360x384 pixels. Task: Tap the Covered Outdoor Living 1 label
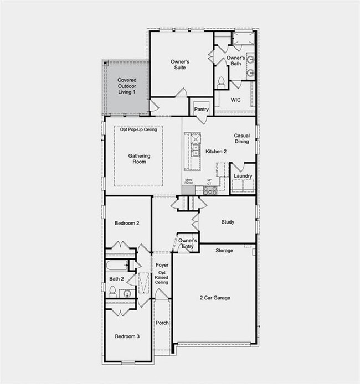click(126, 86)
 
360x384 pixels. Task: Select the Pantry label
click(202, 110)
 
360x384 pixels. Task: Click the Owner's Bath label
click(235, 61)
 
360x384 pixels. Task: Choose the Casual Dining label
click(241, 138)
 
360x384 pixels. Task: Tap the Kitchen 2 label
click(217, 151)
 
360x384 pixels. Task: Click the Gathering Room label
click(139, 159)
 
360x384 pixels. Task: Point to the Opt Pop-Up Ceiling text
click(138, 129)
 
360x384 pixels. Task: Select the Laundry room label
click(243, 176)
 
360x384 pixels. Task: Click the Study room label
click(228, 222)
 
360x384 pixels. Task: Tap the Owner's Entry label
click(188, 244)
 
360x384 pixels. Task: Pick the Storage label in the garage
click(224, 251)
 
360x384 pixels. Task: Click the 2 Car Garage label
click(215, 298)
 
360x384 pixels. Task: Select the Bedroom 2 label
click(127, 223)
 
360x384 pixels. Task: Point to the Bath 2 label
click(116, 279)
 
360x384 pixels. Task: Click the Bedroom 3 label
click(127, 336)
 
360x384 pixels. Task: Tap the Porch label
click(162, 323)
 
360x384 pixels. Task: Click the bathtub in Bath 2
click(117, 264)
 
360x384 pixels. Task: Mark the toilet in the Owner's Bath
click(221, 83)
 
